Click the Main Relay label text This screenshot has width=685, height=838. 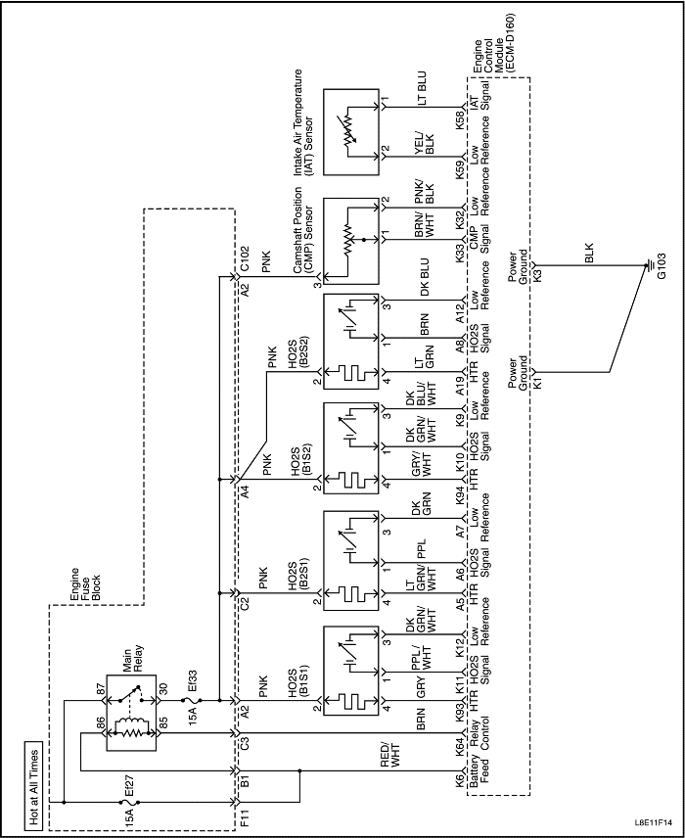(x=131, y=661)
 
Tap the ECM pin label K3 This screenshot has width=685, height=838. (x=537, y=276)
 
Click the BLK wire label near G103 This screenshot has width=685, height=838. (x=589, y=254)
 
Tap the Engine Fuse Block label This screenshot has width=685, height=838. (x=85, y=584)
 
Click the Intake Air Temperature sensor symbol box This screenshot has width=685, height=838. (x=351, y=132)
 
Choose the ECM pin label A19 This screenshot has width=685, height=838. (x=460, y=384)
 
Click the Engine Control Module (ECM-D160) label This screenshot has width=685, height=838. (x=491, y=44)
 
